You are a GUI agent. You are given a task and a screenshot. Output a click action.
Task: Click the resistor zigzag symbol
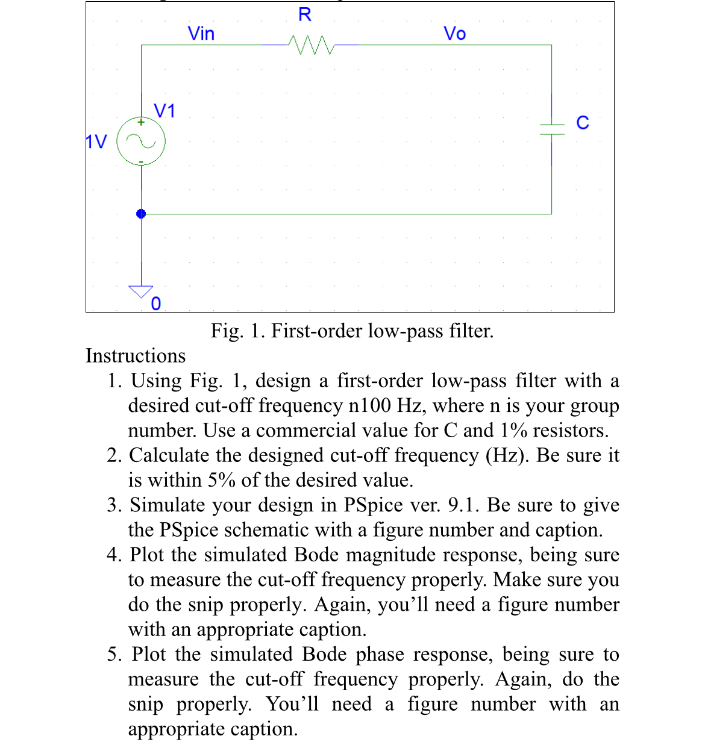[x=311, y=45]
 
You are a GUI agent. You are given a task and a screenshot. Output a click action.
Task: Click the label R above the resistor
[x=305, y=15]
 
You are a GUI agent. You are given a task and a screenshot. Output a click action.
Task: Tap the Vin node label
[x=201, y=34]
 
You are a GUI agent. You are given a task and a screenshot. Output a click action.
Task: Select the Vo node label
[x=454, y=34]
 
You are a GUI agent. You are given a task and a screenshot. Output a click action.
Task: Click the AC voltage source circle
[x=141, y=142]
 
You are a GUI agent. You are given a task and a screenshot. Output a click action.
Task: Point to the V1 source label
[x=164, y=111]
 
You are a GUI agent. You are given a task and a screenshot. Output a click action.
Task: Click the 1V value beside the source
[x=96, y=142]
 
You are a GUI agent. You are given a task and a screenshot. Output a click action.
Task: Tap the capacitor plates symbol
[x=551, y=129]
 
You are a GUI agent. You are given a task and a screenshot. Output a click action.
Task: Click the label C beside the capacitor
[x=582, y=123]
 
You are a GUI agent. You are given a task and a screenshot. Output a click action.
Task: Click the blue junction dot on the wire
[x=141, y=214]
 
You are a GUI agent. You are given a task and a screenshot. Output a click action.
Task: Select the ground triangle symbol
[x=141, y=291]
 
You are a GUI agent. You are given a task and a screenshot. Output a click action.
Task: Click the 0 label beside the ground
[x=156, y=304]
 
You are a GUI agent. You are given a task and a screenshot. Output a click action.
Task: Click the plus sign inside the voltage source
[x=141, y=122]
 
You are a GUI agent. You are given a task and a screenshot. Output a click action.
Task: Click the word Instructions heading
[x=136, y=356]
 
